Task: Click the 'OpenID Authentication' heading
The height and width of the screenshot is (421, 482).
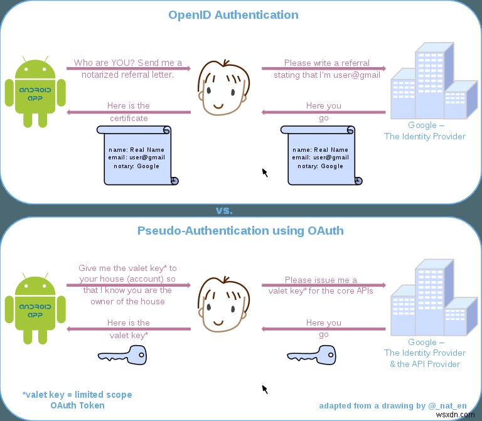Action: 233,14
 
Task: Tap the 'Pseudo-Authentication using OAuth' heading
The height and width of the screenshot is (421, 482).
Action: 240,230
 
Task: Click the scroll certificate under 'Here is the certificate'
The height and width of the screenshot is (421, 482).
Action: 137,155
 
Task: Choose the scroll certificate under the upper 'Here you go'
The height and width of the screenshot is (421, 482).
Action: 321,155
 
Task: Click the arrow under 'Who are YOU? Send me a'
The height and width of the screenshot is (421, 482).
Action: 129,69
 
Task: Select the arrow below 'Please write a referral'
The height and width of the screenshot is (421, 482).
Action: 323,69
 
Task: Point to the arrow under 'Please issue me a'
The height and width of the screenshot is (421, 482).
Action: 323,285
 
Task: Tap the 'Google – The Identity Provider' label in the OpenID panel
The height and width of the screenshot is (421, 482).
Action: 425,131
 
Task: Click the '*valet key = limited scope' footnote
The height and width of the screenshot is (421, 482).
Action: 77,395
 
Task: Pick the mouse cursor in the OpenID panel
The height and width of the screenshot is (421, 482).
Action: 265,172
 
